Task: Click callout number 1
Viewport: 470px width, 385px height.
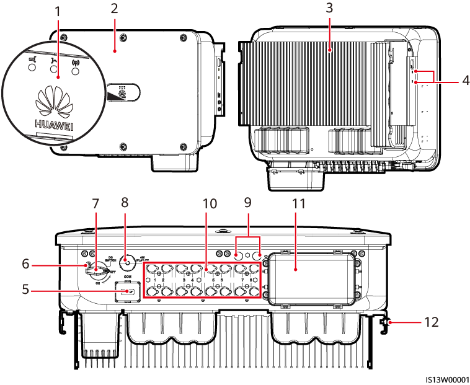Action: [x=58, y=12]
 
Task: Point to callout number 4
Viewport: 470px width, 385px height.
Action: [x=456, y=79]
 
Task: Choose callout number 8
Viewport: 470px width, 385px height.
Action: [x=124, y=203]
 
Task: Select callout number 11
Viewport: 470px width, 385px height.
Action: [x=295, y=203]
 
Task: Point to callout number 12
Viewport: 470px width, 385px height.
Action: [x=432, y=322]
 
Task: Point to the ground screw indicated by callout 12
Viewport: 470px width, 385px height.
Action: [x=387, y=322]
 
